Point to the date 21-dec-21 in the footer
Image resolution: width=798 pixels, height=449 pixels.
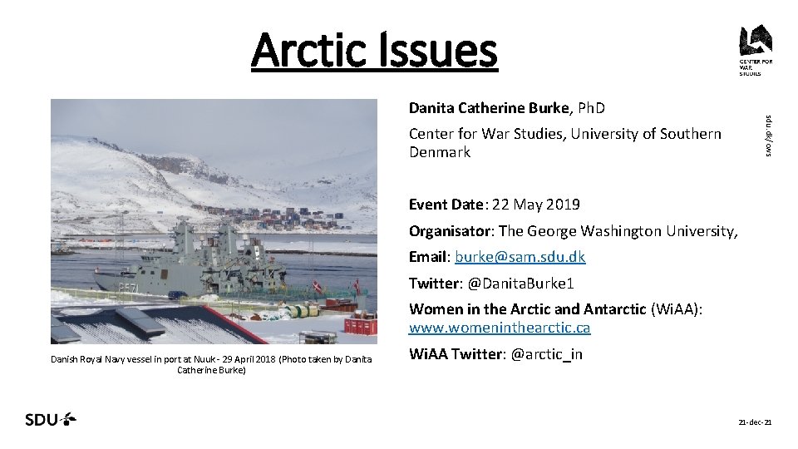coord(756,423)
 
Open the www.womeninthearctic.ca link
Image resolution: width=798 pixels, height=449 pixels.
coord(499,328)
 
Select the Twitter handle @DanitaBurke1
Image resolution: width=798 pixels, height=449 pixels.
coord(532,284)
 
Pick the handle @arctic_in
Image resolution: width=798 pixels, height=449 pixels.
coord(546,354)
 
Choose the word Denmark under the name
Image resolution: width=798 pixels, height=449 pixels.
coord(439,152)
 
